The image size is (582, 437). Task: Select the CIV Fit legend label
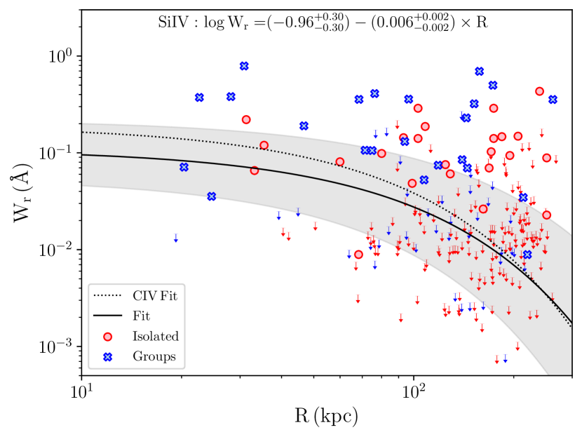(x=154, y=296)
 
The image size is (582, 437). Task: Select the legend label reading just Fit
(x=142, y=316)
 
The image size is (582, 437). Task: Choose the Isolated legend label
(x=155, y=336)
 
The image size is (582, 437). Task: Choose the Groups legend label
(x=154, y=356)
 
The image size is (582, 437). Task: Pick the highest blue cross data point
(x=244, y=66)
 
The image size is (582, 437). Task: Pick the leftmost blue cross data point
(x=184, y=167)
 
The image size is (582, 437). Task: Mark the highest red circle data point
(x=539, y=91)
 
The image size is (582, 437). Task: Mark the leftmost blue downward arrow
(x=176, y=238)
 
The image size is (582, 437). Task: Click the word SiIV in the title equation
(x=175, y=22)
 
